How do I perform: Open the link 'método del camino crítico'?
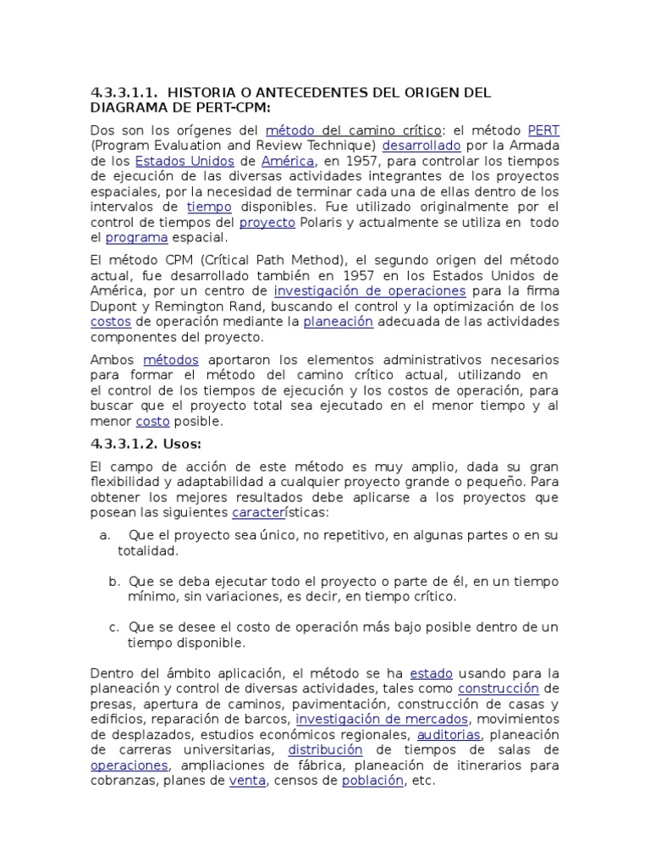tap(354, 130)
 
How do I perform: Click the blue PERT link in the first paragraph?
tap(543, 130)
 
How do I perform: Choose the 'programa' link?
tap(136, 237)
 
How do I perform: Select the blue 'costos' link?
tap(109, 322)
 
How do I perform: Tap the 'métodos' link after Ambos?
tap(171, 360)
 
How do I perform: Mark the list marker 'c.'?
tap(114, 627)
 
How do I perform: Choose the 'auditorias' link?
tap(449, 734)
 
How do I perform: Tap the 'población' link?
tap(372, 781)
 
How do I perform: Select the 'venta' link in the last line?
tap(248, 781)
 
